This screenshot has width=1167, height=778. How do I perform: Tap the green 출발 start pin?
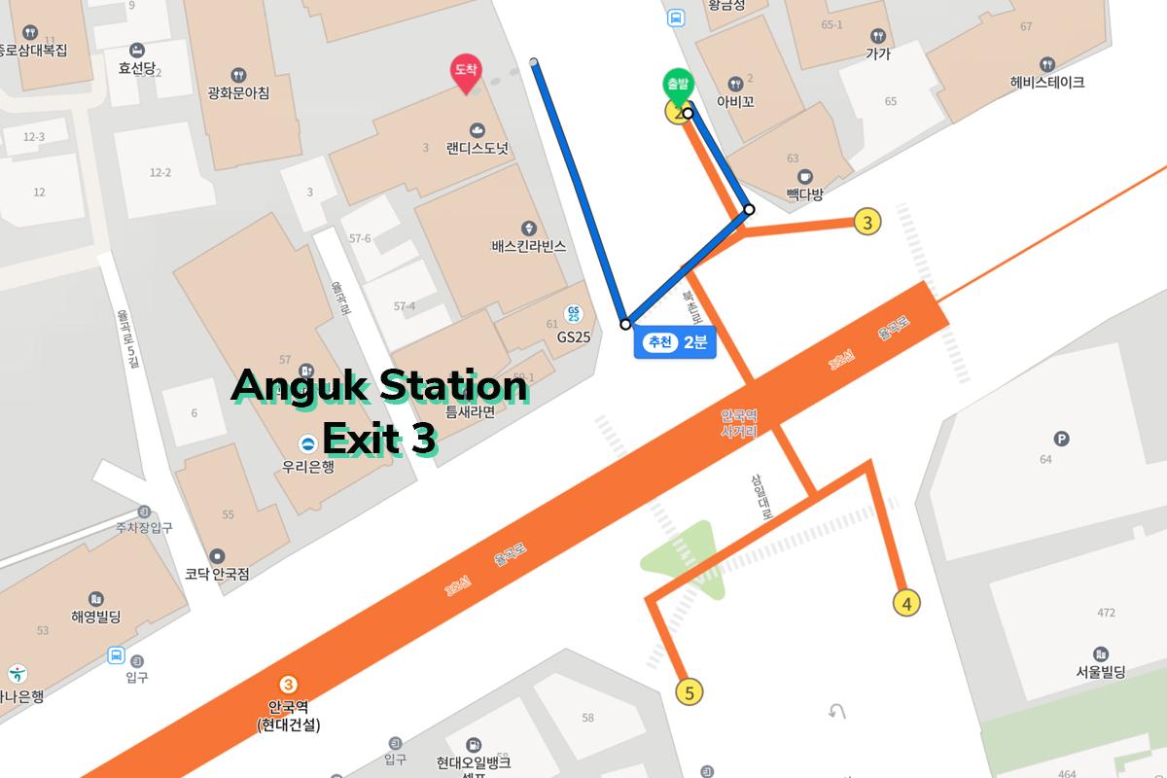(x=677, y=87)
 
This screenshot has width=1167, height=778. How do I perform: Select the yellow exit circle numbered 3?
(x=866, y=222)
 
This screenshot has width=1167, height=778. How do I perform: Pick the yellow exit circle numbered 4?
(x=906, y=603)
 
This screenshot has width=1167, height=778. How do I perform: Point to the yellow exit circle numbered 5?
(x=690, y=692)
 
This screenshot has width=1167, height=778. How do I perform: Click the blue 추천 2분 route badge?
(x=675, y=342)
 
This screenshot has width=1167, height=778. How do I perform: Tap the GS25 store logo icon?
(x=574, y=314)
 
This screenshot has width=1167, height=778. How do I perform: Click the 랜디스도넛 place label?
(x=477, y=149)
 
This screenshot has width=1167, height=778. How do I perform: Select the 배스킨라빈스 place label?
(x=528, y=246)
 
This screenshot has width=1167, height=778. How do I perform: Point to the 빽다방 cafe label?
(x=804, y=194)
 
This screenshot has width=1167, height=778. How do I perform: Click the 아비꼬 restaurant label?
(x=735, y=101)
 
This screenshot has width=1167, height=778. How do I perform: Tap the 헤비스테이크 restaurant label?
(x=1046, y=83)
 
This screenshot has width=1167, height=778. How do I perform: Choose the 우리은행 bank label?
(x=307, y=465)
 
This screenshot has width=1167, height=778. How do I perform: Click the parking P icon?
(x=1062, y=440)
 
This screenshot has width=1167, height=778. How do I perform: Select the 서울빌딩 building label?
(x=1100, y=671)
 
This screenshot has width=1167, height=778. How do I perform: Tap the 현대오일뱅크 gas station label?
(x=473, y=762)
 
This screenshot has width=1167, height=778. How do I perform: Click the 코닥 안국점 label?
(x=217, y=574)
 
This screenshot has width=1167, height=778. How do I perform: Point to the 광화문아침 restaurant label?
(x=238, y=92)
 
